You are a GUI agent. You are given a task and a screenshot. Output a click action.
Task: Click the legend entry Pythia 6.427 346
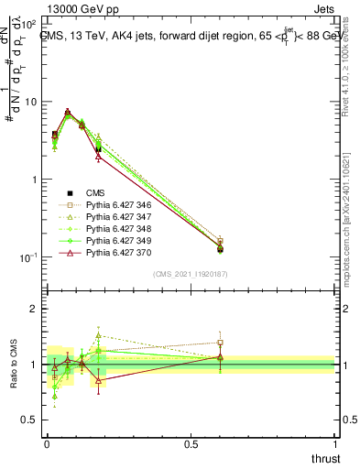pos(115,206)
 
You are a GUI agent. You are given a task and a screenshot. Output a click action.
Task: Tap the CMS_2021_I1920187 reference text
pos(191,273)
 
